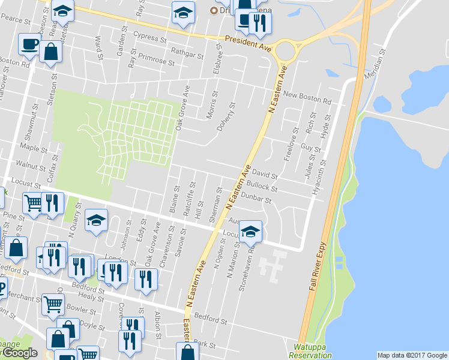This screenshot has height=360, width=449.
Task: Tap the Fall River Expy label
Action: click(x=319, y=267)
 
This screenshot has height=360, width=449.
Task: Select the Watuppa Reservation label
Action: click(x=310, y=351)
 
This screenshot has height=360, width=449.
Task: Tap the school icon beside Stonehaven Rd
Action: click(x=250, y=231)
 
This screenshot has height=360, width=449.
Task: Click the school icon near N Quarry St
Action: click(x=96, y=220)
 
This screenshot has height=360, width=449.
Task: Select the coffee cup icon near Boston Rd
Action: click(x=29, y=43)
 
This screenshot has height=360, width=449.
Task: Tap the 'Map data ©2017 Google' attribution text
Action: click(x=411, y=355)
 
